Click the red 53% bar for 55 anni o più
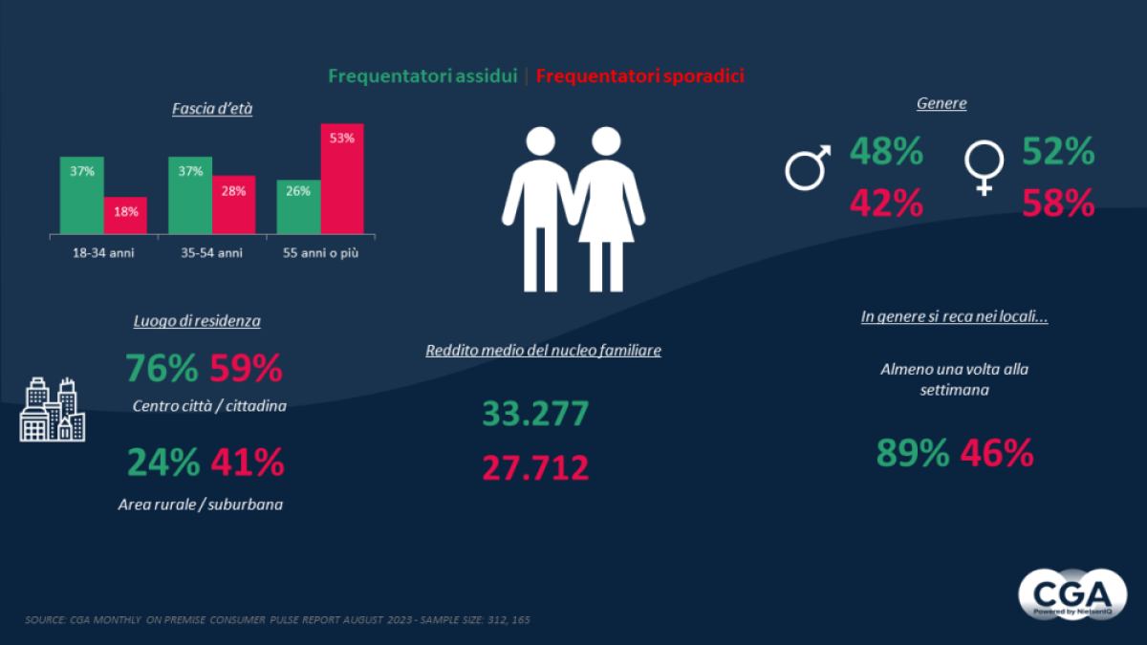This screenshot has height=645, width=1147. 341,179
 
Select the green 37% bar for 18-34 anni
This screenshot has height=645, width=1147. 81,195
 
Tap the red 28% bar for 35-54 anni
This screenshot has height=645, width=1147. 233,204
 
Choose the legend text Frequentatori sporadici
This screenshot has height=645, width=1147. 640,75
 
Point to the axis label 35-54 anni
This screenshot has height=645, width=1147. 211,253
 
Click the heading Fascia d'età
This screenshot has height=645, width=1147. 212,109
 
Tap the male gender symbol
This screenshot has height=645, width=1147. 807,167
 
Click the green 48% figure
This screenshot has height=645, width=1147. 886,152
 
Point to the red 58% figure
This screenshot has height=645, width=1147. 1058,204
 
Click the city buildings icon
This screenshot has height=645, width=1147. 53,410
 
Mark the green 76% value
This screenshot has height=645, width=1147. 162,369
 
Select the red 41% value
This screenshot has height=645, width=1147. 247,462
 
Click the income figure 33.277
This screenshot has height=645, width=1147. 535,414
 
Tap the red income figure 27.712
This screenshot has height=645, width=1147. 535,468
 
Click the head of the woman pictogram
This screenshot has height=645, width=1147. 606,143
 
